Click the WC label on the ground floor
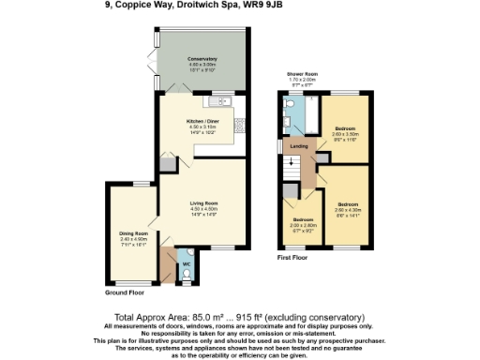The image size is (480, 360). pyautogui.click(x=185, y=265)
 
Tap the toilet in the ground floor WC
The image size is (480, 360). pyautogui.click(x=186, y=253)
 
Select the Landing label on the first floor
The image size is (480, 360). pyautogui.click(x=299, y=146)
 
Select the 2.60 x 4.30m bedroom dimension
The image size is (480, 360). pyautogui.click(x=349, y=208)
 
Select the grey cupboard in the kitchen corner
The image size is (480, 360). pyautogui.click(x=166, y=164)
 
